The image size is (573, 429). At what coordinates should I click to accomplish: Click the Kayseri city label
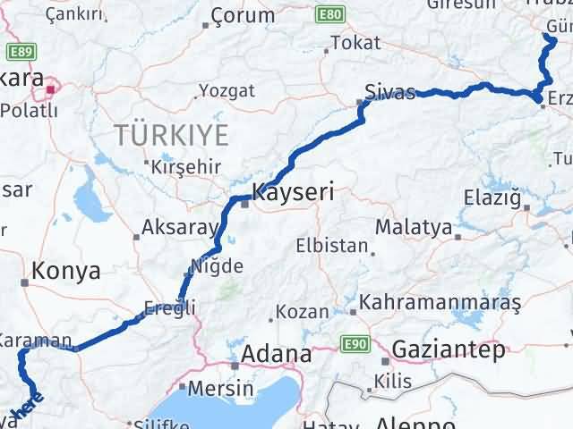pyautogui.click(x=293, y=191)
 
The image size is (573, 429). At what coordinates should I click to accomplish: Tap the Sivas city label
pyautogui.click(x=389, y=91)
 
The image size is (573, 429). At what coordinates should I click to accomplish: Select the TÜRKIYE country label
pyautogui.click(x=171, y=136)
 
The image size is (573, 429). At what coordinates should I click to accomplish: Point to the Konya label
pyautogui.click(x=66, y=272)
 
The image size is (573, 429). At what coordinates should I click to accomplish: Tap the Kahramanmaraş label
pyautogui.click(x=440, y=303)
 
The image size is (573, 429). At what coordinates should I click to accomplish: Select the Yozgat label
pyautogui.click(x=227, y=90)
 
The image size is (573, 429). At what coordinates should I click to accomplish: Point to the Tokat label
pyautogui.click(x=355, y=42)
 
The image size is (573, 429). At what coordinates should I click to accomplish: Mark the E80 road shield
pyautogui.click(x=329, y=15)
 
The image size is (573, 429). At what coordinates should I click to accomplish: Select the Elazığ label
pyautogui.click(x=492, y=197)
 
